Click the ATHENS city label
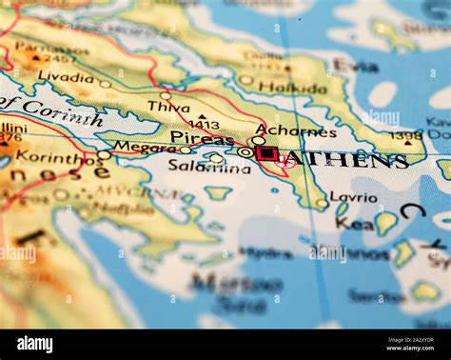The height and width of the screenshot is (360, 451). [347, 160]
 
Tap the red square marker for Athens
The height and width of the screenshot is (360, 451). [267, 153]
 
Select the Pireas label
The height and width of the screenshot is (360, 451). [202, 138]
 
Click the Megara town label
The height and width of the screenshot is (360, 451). [145, 147]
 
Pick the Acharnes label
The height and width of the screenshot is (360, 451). [296, 131]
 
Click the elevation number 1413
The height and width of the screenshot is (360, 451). [203, 124]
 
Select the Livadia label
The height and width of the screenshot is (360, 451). [66, 77]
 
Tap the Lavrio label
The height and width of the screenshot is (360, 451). [353, 197]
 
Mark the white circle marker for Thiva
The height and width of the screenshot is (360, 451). [166, 95]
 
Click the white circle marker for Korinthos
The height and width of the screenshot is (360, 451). [103, 154]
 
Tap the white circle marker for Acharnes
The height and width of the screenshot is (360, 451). [258, 140]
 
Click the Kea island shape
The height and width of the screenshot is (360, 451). [385, 223]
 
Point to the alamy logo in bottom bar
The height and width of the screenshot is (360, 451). [34, 344]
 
